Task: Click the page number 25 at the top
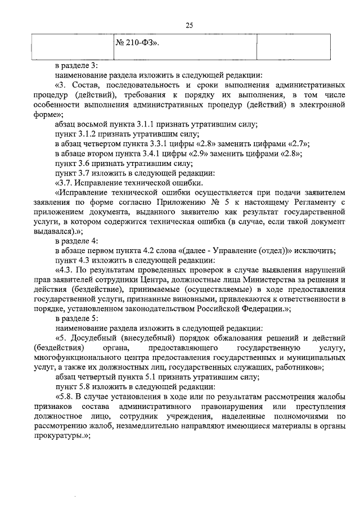188,25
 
